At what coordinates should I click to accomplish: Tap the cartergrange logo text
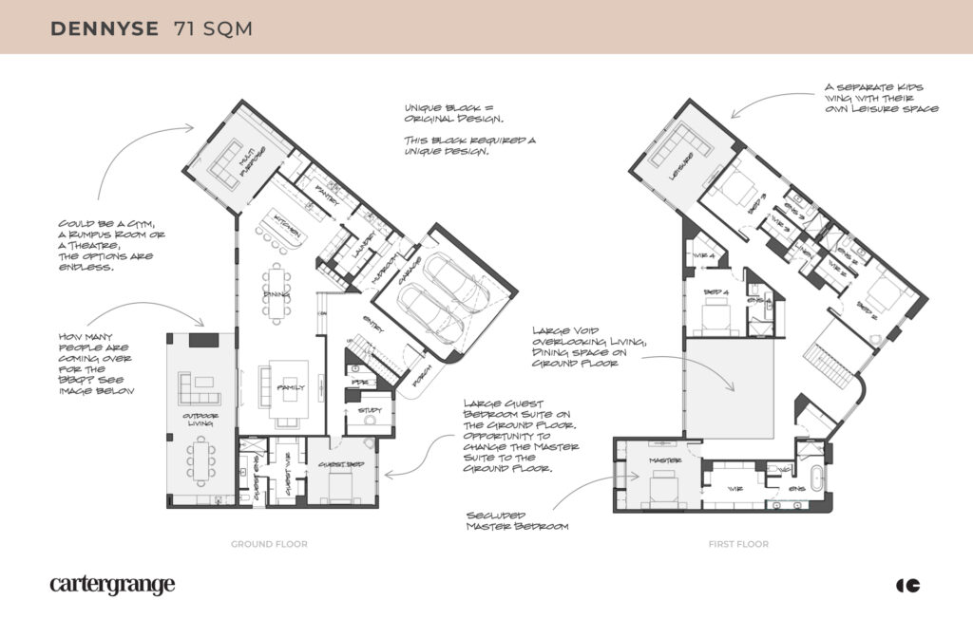pyautogui.click(x=112, y=585)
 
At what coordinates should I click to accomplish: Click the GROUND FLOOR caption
pyautogui.click(x=269, y=544)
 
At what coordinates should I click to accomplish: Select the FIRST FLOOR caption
pyautogui.click(x=737, y=544)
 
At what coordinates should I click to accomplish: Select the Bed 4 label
pyautogui.click(x=714, y=291)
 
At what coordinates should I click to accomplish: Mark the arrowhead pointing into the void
pyautogui.click(x=733, y=390)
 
